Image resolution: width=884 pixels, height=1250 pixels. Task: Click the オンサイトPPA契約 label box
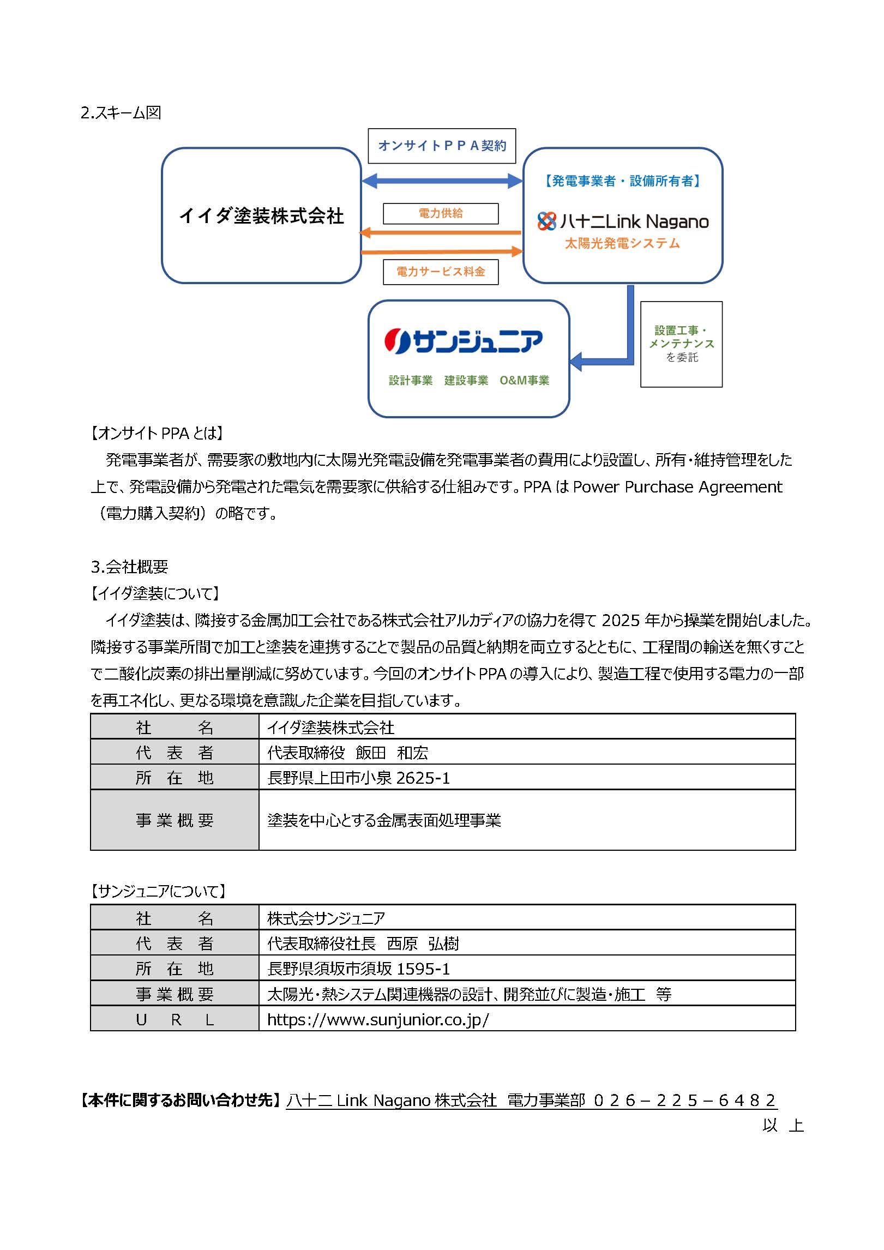442,146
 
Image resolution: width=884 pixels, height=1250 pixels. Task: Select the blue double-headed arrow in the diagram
442,181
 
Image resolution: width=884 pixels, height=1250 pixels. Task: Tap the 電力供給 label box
441,213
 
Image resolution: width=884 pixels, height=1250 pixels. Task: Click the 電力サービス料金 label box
441,272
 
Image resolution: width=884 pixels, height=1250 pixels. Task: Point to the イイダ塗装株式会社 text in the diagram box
261,216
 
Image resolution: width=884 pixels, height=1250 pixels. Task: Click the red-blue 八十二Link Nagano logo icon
546,221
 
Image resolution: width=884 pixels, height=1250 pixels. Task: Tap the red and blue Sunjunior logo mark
397,341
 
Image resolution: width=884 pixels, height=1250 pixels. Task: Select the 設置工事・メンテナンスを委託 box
681,344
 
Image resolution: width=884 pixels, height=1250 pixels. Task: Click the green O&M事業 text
524,380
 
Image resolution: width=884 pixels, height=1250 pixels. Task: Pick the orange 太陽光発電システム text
622,243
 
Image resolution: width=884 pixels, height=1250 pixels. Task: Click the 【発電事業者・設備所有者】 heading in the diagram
622,181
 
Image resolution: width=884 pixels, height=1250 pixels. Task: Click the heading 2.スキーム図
121,113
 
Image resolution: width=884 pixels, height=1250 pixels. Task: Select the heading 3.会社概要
129,567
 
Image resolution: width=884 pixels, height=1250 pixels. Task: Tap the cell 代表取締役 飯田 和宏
347,753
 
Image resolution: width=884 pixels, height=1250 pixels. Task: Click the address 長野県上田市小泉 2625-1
358,778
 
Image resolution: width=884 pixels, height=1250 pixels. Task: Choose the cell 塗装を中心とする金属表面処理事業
384,820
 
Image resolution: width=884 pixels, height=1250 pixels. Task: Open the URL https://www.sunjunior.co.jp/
378,1019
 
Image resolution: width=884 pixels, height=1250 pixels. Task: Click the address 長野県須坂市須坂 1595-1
358,969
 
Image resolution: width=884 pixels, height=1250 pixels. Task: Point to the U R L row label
175,1019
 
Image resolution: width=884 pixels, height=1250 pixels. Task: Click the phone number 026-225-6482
684,1100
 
